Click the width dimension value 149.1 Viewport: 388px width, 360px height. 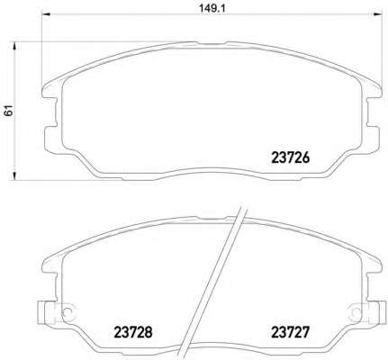tap(212, 8)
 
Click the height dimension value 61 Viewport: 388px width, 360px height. tap(9, 111)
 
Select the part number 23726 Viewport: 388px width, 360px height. tap(290, 157)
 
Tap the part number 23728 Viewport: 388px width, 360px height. tap(133, 332)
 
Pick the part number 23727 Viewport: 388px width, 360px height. tap(290, 332)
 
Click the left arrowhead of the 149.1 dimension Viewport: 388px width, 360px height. tap(45, 13)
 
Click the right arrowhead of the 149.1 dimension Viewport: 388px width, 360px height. tap(378, 13)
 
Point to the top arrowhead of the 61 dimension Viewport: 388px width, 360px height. tap(14, 46)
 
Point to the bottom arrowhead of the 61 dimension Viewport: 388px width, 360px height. tap(14, 175)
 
